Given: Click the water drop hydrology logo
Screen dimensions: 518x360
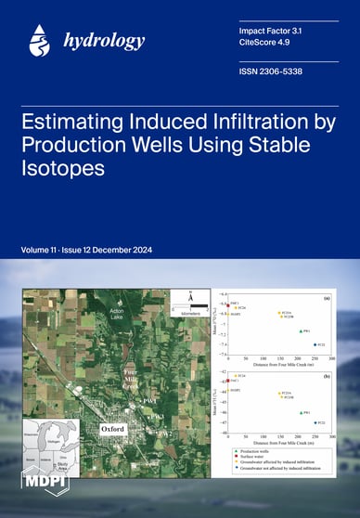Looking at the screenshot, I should (x=38, y=40).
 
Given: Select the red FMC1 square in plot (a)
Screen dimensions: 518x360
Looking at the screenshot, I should (x=227, y=305).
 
